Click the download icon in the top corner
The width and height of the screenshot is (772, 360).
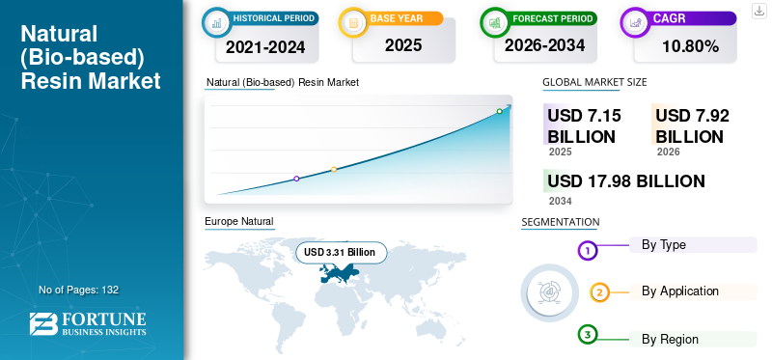pos(758,10)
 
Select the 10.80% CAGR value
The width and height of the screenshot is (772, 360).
pos(691,45)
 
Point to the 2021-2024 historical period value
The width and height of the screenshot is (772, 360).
pos(265,45)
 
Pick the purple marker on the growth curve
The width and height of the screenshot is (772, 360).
pos(296,179)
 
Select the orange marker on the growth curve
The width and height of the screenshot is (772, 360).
pos(334,170)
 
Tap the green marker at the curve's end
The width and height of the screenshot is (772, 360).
pos(500,111)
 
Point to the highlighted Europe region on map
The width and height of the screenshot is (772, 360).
pos(338,274)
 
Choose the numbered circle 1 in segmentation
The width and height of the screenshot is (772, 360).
pos(588,251)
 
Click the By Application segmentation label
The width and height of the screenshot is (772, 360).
pos(680,291)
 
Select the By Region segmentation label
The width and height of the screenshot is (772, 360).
pos(670,339)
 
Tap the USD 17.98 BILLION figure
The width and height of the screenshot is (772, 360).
pos(625,181)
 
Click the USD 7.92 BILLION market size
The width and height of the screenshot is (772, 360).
pos(692,125)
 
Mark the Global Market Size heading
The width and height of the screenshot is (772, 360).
pos(594,82)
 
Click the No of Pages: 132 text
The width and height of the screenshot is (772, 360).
pos(78,290)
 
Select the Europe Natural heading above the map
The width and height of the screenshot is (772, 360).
pos(238,222)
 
